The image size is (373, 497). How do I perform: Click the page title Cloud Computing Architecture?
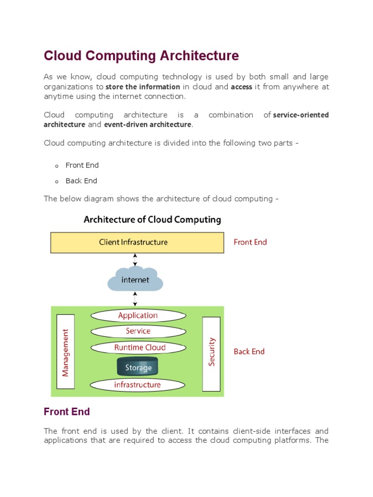(141, 56)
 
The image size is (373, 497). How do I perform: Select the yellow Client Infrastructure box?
(137, 242)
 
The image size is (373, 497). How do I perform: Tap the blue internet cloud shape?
(136, 279)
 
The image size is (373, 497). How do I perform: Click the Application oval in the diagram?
(138, 315)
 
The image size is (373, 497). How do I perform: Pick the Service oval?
(138, 331)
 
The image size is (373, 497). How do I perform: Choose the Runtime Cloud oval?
(139, 348)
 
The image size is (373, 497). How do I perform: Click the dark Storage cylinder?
(138, 367)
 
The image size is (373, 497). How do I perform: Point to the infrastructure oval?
(137, 385)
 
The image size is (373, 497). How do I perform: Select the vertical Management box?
(66, 352)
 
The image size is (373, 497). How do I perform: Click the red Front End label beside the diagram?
(250, 242)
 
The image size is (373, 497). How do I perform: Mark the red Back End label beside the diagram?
(249, 351)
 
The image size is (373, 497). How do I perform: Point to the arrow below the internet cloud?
(135, 298)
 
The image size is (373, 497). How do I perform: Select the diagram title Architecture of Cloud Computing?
(152, 219)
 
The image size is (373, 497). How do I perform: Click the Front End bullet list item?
(82, 166)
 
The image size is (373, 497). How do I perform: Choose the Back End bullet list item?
(81, 181)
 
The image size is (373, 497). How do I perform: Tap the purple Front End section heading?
(67, 412)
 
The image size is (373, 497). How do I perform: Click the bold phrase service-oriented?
(301, 115)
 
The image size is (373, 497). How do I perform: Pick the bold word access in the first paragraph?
(242, 87)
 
